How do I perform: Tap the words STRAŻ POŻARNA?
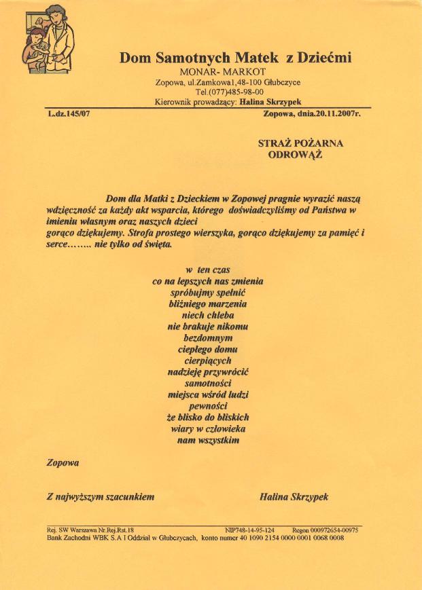tap(301, 143)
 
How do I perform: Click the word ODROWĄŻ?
tap(296, 154)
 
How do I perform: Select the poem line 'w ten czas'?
tap(208, 270)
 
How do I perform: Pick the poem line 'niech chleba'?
tap(208, 316)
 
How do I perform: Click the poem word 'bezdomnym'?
tap(209, 338)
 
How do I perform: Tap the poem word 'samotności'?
tap(209, 384)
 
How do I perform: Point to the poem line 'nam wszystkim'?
tap(208, 441)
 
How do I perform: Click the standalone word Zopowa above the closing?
tap(63, 463)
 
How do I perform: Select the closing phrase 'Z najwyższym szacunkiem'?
tap(101, 497)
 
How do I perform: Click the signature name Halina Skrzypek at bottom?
tap(294, 497)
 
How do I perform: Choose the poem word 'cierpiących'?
tap(209, 361)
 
